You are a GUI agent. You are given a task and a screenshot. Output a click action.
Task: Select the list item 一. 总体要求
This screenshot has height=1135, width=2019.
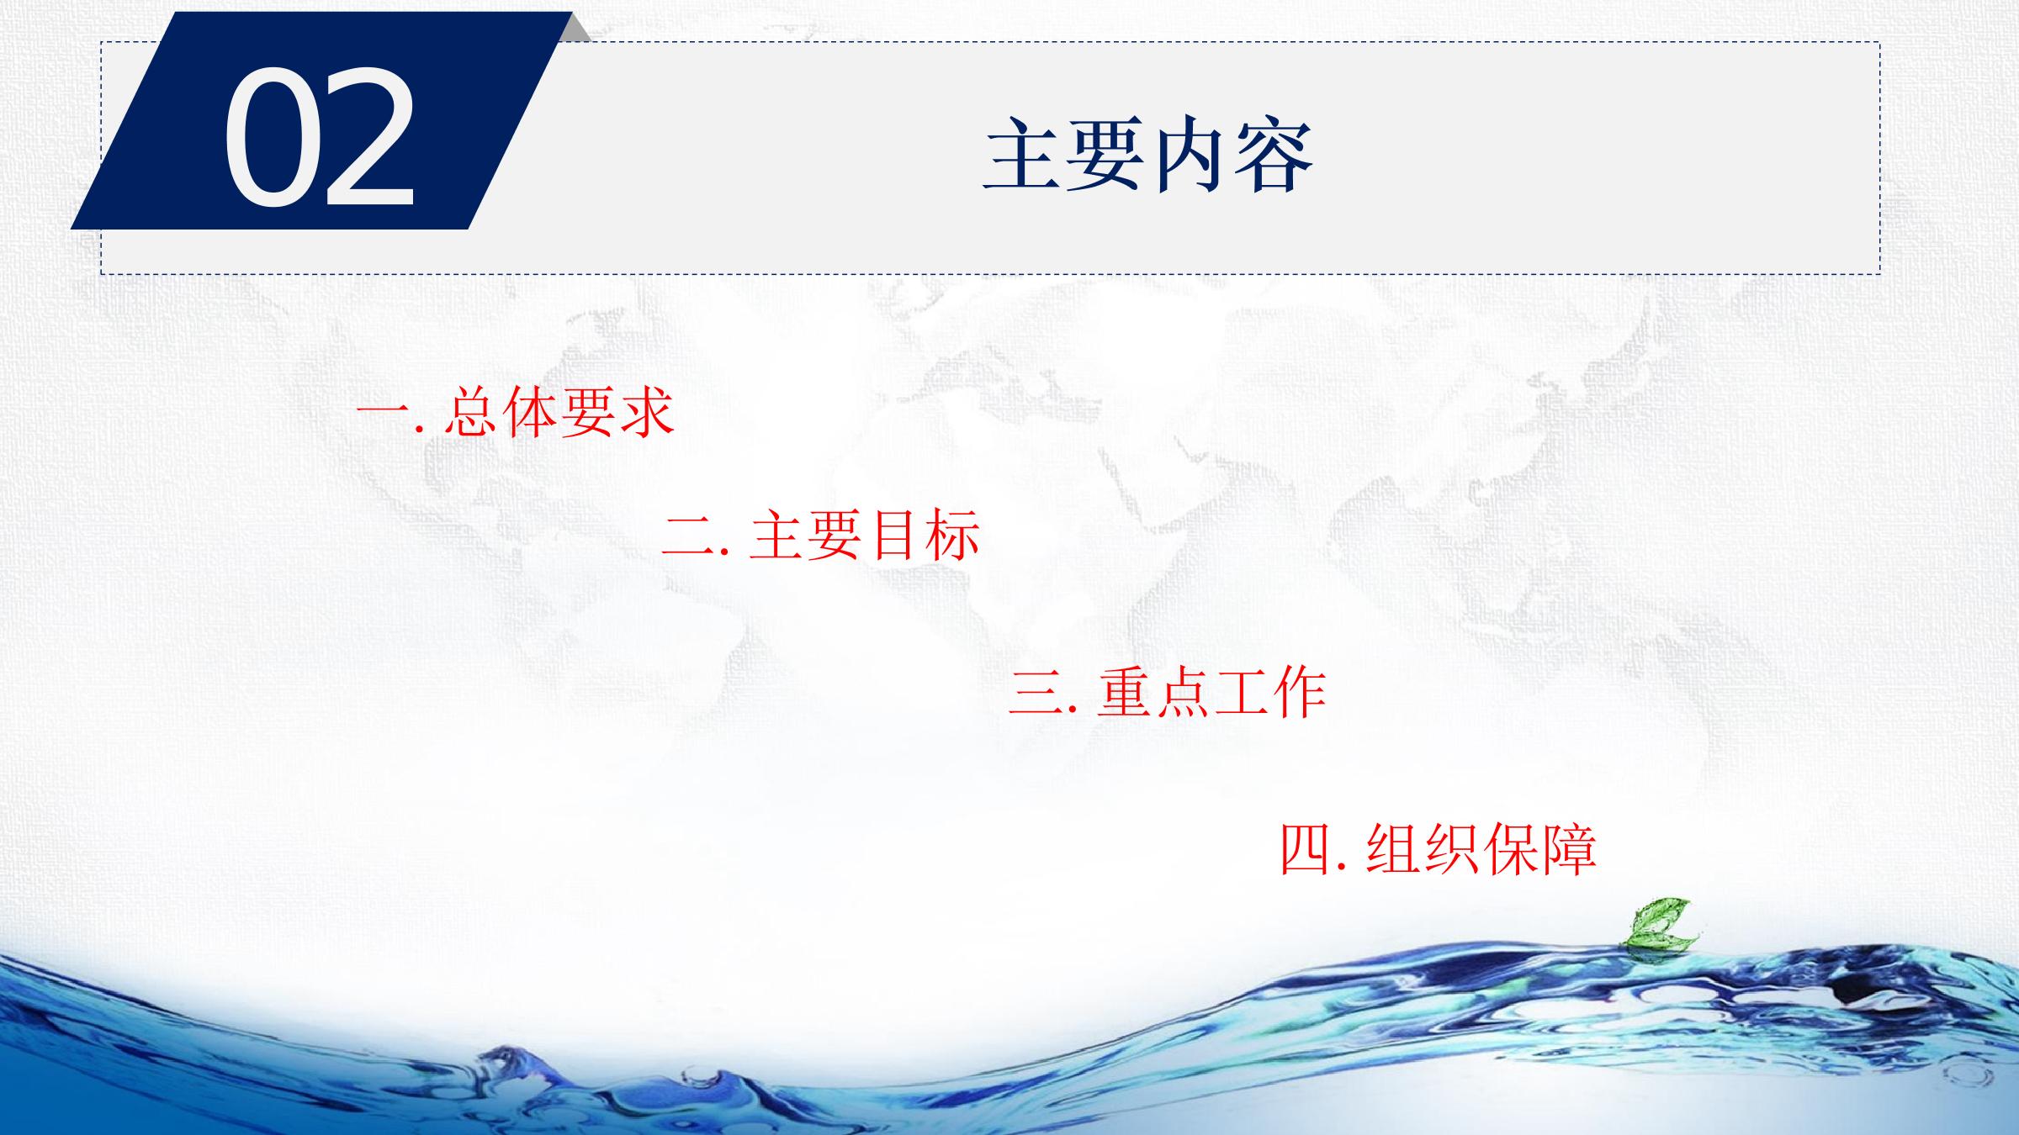516,412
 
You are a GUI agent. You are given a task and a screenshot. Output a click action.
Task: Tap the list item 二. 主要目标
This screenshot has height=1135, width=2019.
821,536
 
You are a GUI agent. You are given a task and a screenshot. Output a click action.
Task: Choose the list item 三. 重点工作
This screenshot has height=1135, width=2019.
1168,693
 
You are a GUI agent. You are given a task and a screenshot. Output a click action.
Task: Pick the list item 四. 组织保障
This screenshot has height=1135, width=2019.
1439,850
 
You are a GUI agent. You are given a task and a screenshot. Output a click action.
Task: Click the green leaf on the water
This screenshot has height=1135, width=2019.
1656,925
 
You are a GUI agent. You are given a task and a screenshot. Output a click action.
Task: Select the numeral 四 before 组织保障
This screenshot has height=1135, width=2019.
1305,851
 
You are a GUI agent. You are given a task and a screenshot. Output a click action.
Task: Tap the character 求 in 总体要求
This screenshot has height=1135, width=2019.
647,412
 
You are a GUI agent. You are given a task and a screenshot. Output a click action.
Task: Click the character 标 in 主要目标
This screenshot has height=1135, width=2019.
952,536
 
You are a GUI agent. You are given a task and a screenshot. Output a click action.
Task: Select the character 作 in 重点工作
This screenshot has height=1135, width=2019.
1299,693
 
